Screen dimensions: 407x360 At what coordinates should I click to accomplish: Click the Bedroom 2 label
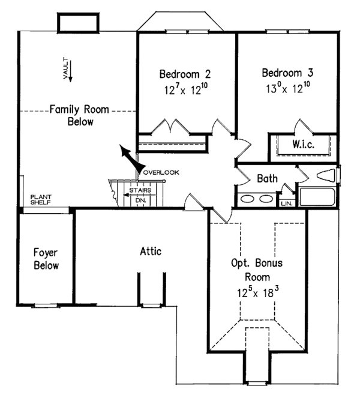click(185, 74)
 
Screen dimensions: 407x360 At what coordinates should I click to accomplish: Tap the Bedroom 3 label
click(287, 73)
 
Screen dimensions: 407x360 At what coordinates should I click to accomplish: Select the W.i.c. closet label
click(303, 145)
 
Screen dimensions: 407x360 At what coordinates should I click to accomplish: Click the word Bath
click(267, 178)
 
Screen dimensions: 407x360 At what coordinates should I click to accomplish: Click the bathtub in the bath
click(318, 197)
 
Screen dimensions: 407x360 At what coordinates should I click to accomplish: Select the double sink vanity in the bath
click(257, 199)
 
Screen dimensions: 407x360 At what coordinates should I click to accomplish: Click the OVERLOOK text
click(161, 172)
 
